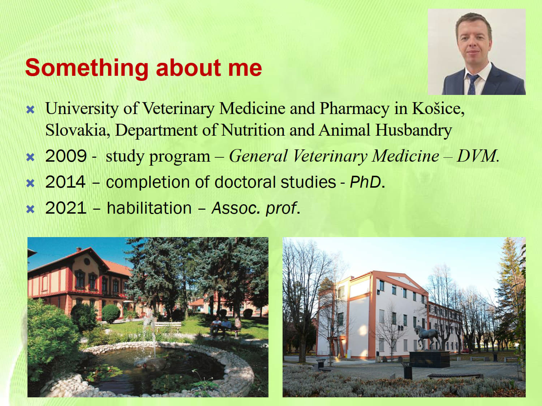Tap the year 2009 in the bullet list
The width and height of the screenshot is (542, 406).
[66, 156]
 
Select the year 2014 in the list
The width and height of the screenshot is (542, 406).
[65, 182]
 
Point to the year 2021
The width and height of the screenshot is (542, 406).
[66, 208]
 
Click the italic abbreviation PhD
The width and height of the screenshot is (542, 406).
[367, 182]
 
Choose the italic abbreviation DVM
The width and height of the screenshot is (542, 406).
[478, 156]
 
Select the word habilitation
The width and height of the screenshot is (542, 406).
[149, 208]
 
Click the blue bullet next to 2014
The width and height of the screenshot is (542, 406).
[30, 183]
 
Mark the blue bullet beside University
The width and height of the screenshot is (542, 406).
[30, 110]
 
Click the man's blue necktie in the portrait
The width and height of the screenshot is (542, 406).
[472, 84]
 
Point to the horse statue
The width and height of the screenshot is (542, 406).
[427, 336]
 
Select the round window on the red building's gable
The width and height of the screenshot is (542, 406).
[86, 262]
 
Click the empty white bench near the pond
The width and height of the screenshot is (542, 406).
[168, 327]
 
